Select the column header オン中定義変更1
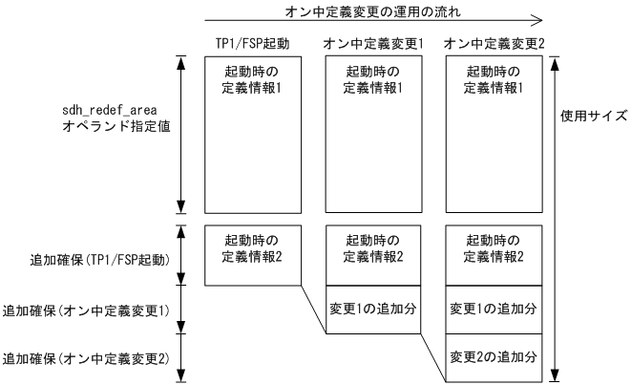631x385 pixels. pyautogui.click(x=373, y=45)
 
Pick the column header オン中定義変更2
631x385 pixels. pyautogui.click(x=495, y=45)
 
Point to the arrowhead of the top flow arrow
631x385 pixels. pyautogui.click(x=538, y=18)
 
